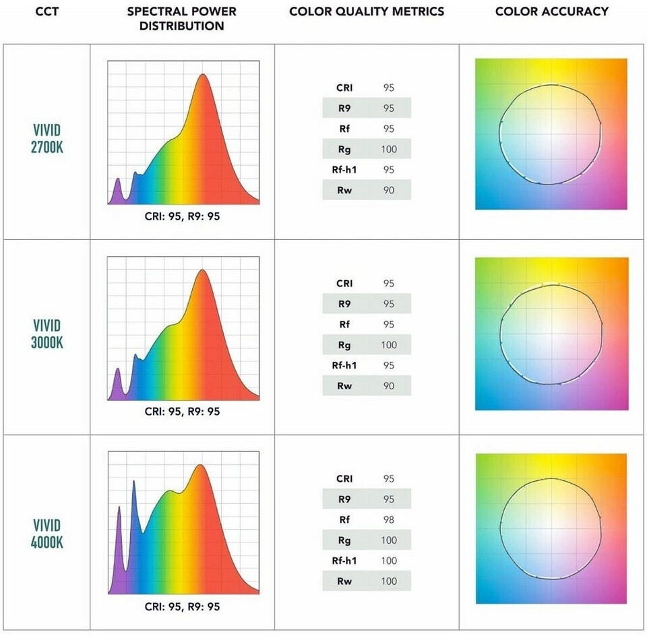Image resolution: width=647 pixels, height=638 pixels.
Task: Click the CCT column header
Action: (45, 11)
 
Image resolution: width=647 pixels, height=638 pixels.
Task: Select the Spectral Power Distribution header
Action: (182, 19)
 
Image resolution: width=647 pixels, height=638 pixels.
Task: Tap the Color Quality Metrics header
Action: (367, 11)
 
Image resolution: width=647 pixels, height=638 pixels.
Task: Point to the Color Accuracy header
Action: (551, 11)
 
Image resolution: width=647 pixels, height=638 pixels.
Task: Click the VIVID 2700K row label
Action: (47, 138)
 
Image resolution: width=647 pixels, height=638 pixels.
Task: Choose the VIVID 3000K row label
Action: (47, 334)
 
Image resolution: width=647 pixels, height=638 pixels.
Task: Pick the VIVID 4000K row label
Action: (47, 533)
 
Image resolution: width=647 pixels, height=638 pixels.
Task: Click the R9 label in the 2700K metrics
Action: (344, 108)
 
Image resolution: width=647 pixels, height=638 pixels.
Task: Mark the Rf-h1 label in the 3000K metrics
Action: (344, 365)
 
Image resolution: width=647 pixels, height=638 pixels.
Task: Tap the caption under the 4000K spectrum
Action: (182, 606)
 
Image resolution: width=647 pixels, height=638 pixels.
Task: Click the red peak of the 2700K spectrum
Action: (203, 77)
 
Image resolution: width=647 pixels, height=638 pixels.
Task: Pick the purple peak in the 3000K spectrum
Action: (118, 370)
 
